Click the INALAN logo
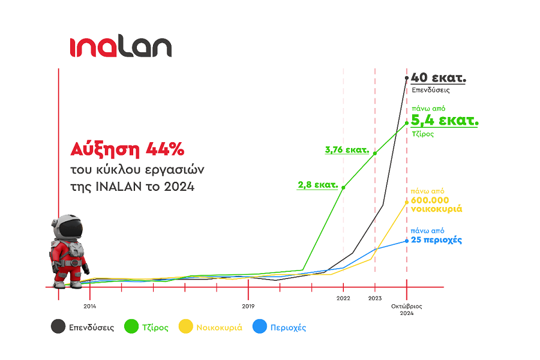pyautogui.click(x=120, y=47)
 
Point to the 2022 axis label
pyautogui.click(x=343, y=298)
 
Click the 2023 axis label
pyautogui.click(x=375, y=298)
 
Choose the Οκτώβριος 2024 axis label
pyautogui.click(x=407, y=310)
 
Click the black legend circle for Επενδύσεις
pyautogui.click(x=58, y=328)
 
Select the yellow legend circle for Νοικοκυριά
pyautogui.click(x=186, y=328)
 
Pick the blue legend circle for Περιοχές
pyautogui.click(x=259, y=328)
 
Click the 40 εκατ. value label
pyautogui.click(x=439, y=78)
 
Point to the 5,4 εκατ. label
pyautogui.click(x=445, y=121)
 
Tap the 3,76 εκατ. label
pyautogui.click(x=347, y=150)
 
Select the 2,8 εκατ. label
pyautogui.click(x=317, y=185)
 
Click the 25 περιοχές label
pyautogui.click(x=436, y=240)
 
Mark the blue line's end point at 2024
pyautogui.click(x=407, y=241)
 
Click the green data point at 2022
pyautogui.click(x=343, y=187)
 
